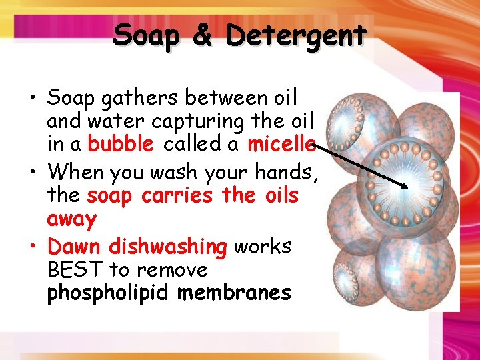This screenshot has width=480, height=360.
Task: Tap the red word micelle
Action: coord(280,144)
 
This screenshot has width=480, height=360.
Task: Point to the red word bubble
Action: coord(121,144)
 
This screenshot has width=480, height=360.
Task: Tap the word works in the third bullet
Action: coord(262,247)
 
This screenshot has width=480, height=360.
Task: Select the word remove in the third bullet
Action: coord(173,271)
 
